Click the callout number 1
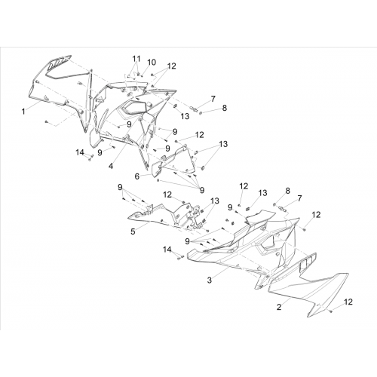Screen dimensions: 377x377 23,112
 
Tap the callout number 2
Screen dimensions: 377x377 279,307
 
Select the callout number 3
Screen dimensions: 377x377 210,280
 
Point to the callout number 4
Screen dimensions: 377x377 111,166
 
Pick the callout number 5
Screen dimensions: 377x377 133,231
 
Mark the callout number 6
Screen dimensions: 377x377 137,176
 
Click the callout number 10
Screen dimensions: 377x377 152,62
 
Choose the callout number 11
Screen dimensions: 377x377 136,59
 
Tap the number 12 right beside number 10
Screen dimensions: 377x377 172,66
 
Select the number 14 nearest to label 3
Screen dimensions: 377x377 167,250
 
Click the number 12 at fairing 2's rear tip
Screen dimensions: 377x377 348,302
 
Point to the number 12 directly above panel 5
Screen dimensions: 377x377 167,195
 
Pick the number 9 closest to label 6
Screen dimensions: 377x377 167,149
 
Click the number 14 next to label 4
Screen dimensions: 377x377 80,152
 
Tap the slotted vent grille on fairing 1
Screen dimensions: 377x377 60,63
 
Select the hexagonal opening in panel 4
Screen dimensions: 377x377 133,107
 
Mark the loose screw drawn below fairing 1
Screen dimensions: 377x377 46,122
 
